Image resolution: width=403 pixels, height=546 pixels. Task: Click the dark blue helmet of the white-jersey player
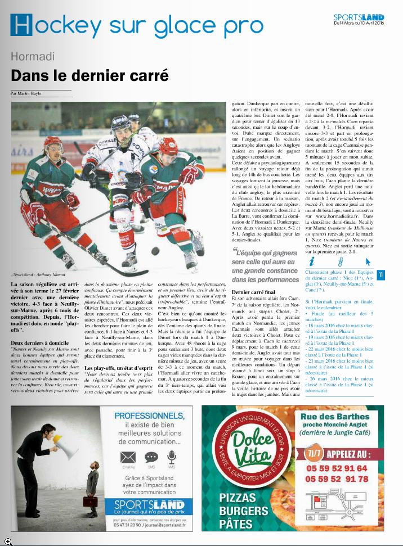pos(121,122)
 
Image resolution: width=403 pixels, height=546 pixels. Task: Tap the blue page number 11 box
pos(380,275)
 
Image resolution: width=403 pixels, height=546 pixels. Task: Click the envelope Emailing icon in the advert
pos(129,473)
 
